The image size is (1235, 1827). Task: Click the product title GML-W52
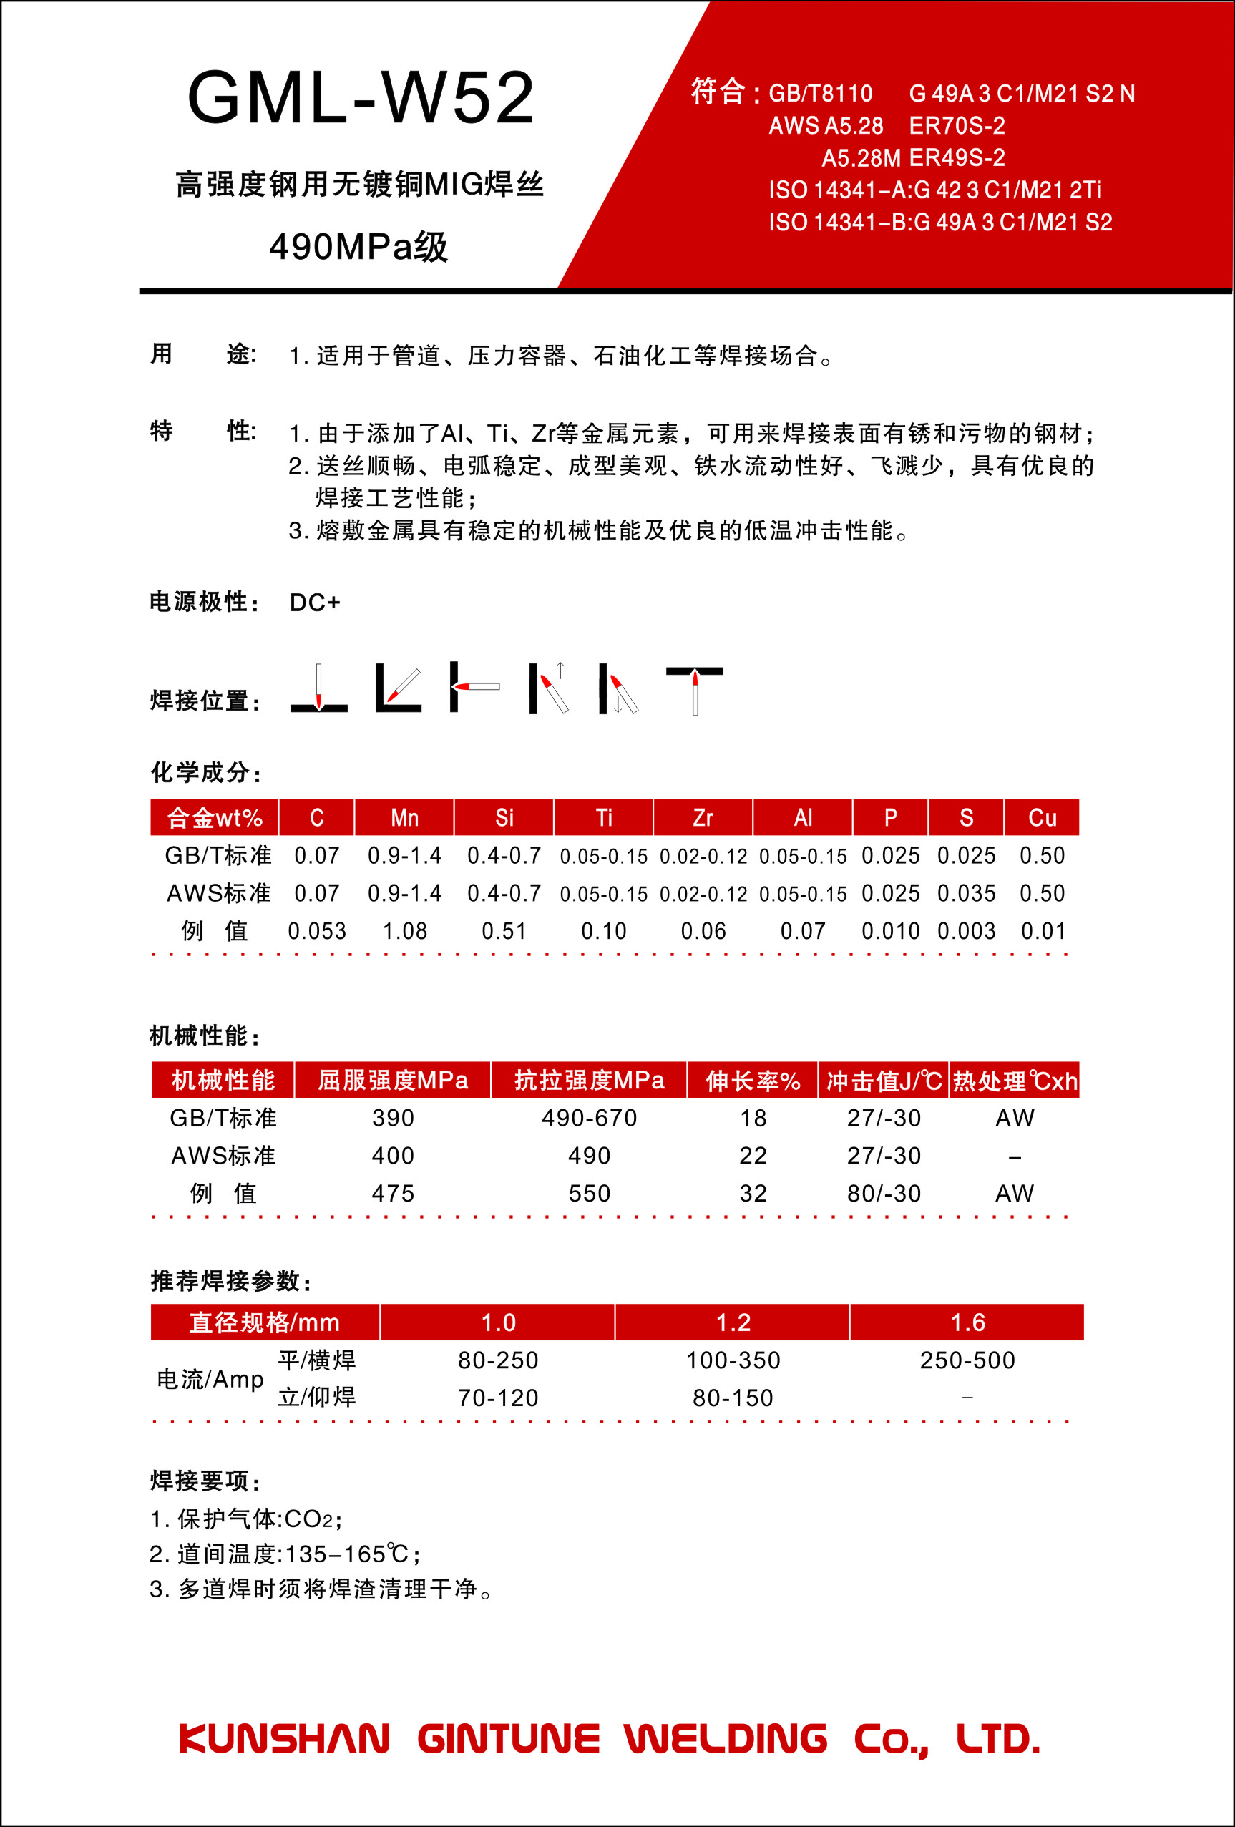pyautogui.click(x=361, y=98)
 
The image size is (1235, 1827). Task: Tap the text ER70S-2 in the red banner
pyautogui.click(x=957, y=126)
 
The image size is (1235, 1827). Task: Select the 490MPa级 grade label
pyautogui.click(x=358, y=247)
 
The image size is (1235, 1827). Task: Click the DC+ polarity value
pyautogui.click(x=314, y=603)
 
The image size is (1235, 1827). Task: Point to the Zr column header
pyautogui.click(x=703, y=817)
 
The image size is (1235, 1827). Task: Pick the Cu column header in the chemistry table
pyautogui.click(x=1042, y=817)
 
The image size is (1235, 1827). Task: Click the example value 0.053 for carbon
pyautogui.click(x=317, y=931)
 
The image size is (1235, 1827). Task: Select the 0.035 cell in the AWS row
pyautogui.click(x=966, y=893)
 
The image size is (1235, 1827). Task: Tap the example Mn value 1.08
pyautogui.click(x=405, y=931)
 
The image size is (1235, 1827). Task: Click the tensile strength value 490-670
pyautogui.click(x=589, y=1118)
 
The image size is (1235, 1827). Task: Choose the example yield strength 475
pyautogui.click(x=392, y=1194)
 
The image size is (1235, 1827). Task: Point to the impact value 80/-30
pyautogui.click(x=884, y=1194)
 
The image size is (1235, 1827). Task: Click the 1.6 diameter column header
pyautogui.click(x=967, y=1322)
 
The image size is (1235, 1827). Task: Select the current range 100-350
pyautogui.click(x=733, y=1360)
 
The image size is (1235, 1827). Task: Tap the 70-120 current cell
pyautogui.click(x=497, y=1398)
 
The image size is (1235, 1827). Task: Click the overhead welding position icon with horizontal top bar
pyautogui.click(x=694, y=688)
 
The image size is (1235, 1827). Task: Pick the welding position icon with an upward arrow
pyautogui.click(x=549, y=688)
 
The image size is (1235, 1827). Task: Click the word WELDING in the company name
pyautogui.click(x=726, y=1739)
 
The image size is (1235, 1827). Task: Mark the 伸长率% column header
pyautogui.click(x=752, y=1081)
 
